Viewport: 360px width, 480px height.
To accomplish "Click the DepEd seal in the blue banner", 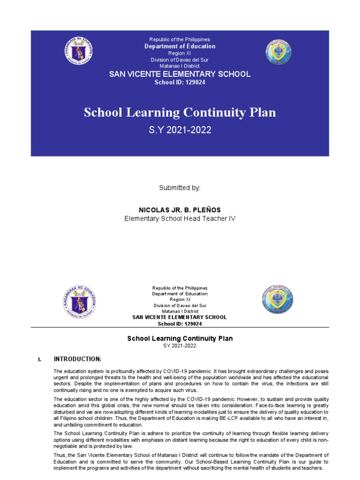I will (x=80, y=52).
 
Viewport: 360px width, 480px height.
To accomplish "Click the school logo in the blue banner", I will (x=278, y=52).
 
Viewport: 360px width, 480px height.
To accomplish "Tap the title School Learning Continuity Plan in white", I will (x=180, y=112).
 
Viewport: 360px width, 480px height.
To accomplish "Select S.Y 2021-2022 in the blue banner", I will (x=180, y=130).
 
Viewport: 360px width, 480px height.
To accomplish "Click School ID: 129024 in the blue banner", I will (x=180, y=82).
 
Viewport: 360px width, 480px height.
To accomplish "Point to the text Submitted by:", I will (x=180, y=187).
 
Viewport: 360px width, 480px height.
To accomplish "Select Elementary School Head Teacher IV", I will (x=180, y=219).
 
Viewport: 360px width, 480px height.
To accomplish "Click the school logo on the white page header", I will (x=277, y=299).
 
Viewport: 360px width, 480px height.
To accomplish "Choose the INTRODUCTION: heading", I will (x=77, y=359).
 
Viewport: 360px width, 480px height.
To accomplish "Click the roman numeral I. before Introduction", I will (x=39, y=360).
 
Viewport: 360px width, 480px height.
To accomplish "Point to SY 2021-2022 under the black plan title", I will (x=180, y=346).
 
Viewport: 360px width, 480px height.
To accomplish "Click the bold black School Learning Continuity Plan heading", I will (x=180, y=338).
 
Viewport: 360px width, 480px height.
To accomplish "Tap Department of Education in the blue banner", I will (x=180, y=46).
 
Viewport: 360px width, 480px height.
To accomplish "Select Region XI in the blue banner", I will (x=180, y=53).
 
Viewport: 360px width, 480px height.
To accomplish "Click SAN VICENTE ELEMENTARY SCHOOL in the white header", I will (x=180, y=317).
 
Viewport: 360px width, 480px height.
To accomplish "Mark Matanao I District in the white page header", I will (x=180, y=311).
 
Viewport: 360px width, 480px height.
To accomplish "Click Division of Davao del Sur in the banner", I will (x=180, y=60).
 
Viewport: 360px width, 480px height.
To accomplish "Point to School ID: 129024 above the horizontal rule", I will (x=180, y=323).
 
